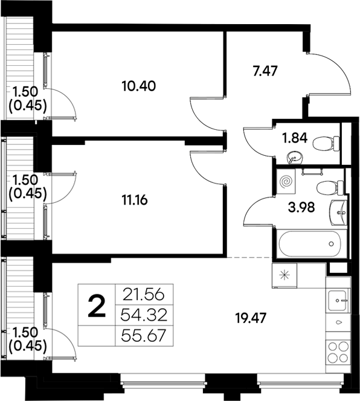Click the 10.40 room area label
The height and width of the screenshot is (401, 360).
(x=139, y=86)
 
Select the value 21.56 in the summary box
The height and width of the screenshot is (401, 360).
(x=144, y=295)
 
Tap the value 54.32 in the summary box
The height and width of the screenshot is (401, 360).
(x=144, y=314)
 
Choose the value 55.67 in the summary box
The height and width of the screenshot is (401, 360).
(x=144, y=333)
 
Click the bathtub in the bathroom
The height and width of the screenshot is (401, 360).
(x=310, y=245)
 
